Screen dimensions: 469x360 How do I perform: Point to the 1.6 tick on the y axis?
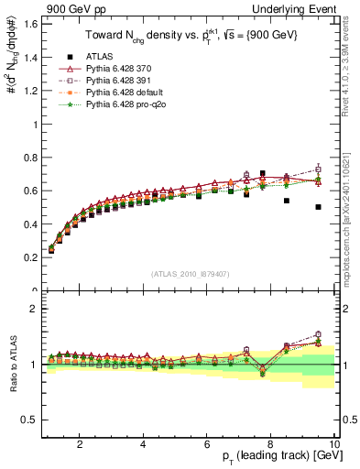tap(30, 23)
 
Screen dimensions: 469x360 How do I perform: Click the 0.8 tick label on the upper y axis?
tap(30, 157)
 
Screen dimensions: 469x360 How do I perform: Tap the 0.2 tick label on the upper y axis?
tap(30, 257)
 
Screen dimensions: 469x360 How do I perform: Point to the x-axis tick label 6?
tap(207, 444)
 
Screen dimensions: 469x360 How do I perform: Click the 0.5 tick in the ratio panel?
tap(30, 420)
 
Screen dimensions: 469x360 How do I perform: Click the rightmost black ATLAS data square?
tap(318, 207)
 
